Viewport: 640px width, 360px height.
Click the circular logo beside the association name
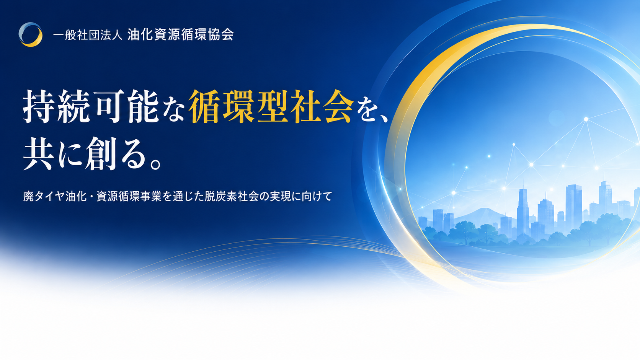point(30,34)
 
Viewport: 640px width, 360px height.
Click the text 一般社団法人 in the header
point(88,35)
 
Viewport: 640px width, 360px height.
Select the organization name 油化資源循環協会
point(181,35)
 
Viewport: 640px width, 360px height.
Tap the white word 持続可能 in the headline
point(91,106)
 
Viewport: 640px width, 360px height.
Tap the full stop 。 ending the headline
point(156,164)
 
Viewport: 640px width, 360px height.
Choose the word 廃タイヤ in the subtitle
point(44,196)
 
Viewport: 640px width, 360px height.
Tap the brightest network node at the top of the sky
point(586,119)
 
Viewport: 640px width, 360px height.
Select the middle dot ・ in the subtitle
point(91,197)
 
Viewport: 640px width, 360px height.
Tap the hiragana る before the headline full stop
point(133,155)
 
